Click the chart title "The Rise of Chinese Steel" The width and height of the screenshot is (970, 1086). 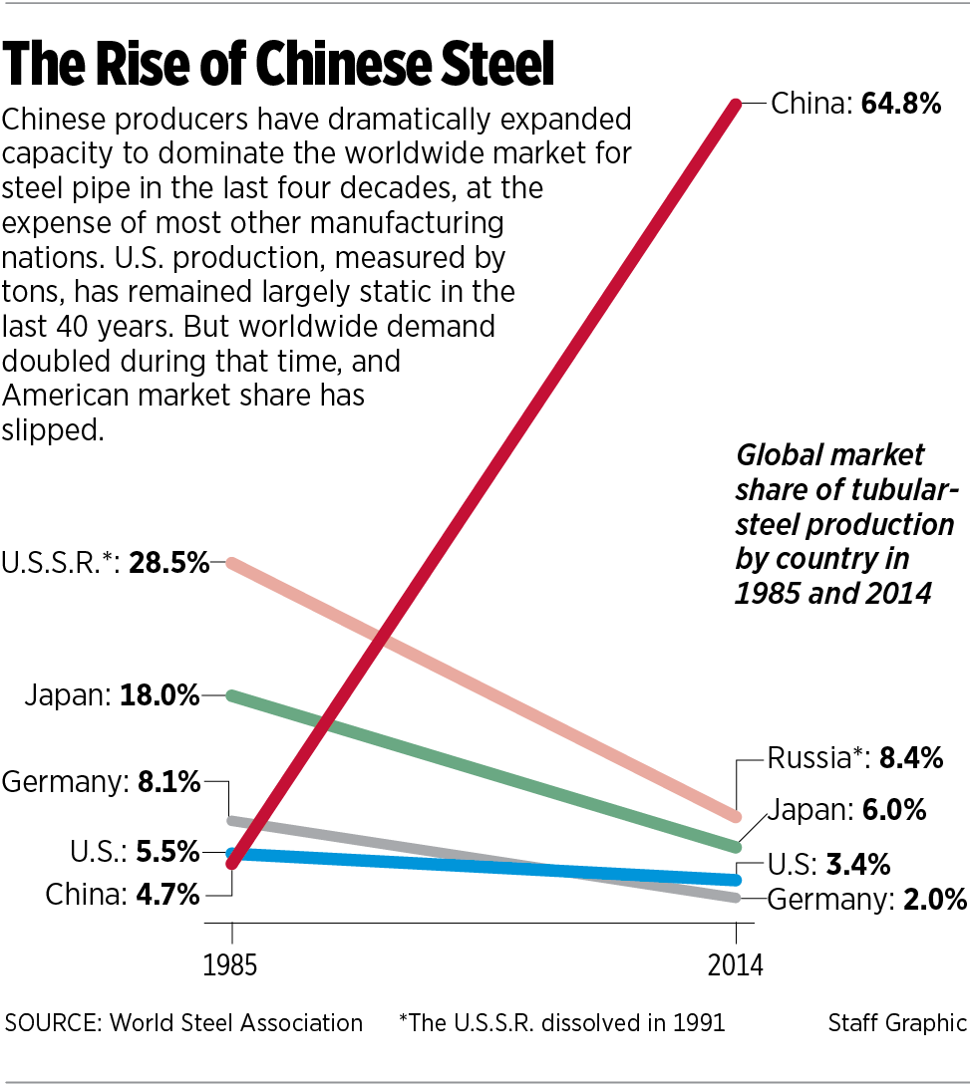click(278, 65)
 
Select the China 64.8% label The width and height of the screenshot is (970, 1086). click(856, 104)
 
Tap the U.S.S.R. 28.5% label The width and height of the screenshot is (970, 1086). click(106, 564)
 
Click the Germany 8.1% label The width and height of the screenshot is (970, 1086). click(102, 783)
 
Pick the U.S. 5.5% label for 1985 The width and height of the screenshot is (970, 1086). click(135, 853)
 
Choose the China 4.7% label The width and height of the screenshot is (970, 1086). click(123, 894)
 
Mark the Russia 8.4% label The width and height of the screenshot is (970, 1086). click(855, 759)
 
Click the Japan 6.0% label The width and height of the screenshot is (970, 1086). click(846, 809)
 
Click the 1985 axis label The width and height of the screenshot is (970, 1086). click(231, 965)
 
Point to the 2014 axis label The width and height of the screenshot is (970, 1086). click(735, 965)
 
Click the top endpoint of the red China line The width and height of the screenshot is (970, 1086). click(737, 104)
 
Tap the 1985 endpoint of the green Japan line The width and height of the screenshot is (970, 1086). click(232, 695)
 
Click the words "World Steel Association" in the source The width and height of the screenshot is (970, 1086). click(235, 1022)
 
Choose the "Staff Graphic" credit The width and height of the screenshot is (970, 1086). click(897, 1022)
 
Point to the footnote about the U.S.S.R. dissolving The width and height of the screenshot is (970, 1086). click(561, 1022)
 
